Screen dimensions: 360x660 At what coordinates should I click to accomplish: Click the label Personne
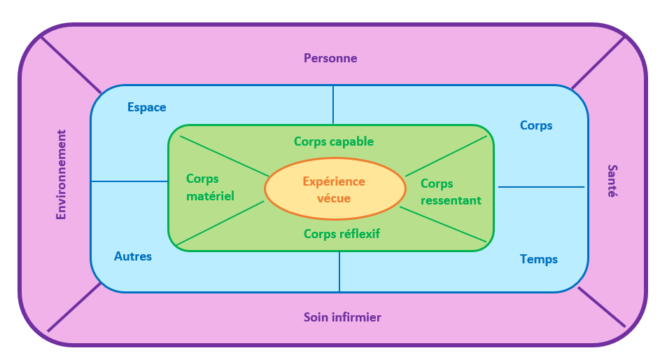click(330, 58)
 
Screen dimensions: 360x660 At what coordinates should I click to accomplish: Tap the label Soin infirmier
click(342, 317)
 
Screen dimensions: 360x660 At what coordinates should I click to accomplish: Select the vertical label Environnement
click(62, 174)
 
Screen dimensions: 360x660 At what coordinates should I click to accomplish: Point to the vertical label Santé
click(612, 181)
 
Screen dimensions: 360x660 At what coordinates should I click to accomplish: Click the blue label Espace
click(147, 107)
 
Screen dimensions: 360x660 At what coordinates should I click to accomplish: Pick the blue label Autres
click(133, 256)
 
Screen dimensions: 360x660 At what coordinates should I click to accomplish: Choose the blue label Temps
click(539, 259)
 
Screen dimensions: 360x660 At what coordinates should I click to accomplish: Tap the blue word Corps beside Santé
click(536, 125)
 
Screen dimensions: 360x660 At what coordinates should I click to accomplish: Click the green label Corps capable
click(334, 141)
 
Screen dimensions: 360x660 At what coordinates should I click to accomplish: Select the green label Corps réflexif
click(342, 234)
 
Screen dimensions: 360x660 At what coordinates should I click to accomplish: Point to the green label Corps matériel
click(210, 188)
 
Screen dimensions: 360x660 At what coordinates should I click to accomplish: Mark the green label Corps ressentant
click(451, 192)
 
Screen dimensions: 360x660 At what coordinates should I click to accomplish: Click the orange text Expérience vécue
click(334, 190)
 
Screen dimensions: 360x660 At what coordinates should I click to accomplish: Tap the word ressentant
click(451, 200)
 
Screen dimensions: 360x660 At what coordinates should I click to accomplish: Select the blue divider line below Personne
click(333, 105)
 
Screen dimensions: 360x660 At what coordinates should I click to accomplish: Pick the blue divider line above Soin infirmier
click(339, 272)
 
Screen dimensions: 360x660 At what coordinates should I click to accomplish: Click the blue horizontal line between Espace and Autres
click(129, 181)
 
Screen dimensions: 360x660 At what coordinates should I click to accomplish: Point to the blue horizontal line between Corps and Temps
click(541, 187)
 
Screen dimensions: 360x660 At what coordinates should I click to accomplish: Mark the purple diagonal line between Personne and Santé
click(598, 62)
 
